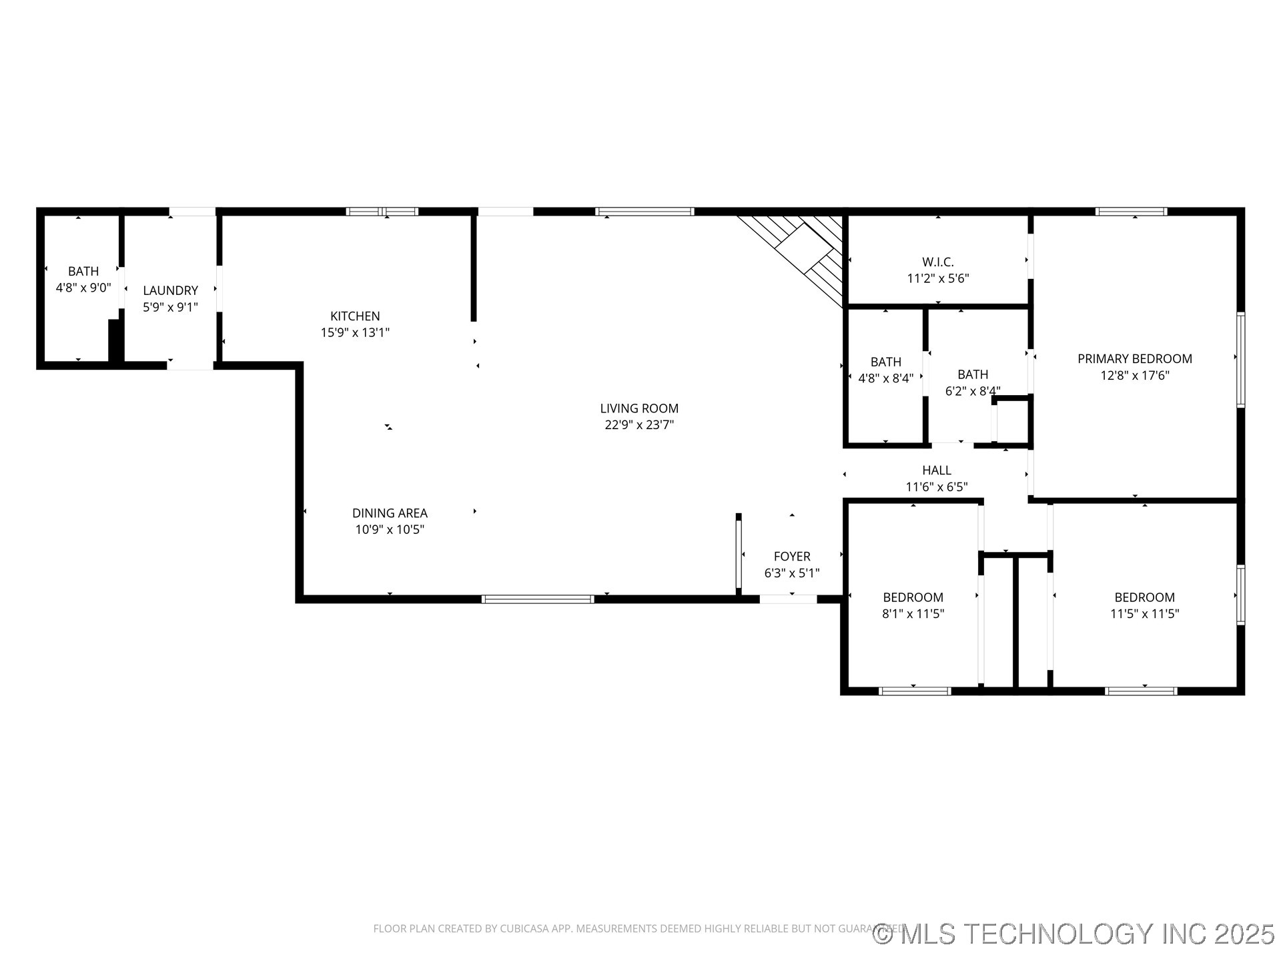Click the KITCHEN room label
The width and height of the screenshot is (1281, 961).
click(x=355, y=316)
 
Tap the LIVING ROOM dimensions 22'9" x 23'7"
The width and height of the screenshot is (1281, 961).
click(x=639, y=425)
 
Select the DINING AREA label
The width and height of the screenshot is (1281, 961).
click(x=390, y=513)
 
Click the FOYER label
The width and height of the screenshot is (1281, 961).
click(x=792, y=556)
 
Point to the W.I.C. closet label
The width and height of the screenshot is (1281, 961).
click(x=937, y=262)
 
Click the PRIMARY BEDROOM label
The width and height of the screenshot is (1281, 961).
click(x=1134, y=358)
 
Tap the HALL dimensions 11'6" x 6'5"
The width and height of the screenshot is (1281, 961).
click(x=936, y=487)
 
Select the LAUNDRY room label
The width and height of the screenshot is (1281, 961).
click(x=170, y=290)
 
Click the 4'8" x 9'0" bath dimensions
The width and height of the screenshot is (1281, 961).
click(x=83, y=288)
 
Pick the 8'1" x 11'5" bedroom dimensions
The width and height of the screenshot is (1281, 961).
click(x=913, y=614)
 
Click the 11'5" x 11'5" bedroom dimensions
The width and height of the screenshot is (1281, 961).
click(x=1144, y=614)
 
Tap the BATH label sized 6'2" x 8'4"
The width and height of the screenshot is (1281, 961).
click(x=972, y=374)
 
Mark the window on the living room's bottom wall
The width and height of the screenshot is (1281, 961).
click(x=538, y=599)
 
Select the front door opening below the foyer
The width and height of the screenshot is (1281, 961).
click(x=788, y=599)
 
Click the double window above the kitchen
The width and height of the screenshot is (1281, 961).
click(x=382, y=212)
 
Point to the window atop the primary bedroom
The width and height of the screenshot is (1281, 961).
click(x=1131, y=212)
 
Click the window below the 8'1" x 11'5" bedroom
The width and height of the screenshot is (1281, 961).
click(x=915, y=691)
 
